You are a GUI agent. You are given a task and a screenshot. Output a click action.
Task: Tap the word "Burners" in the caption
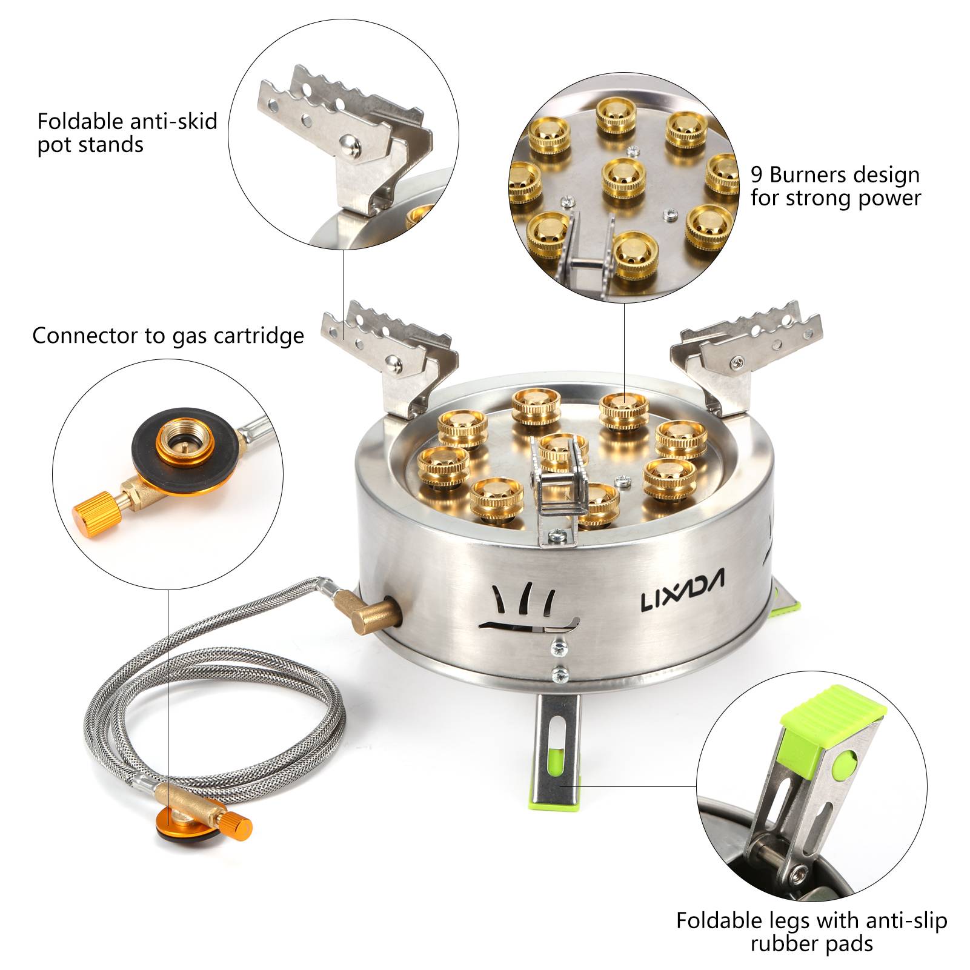(809, 174)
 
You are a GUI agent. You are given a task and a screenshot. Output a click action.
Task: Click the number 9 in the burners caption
(757, 175)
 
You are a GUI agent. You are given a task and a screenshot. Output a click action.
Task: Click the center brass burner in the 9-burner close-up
(623, 179)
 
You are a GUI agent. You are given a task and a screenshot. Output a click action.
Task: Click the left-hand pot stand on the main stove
(394, 358)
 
